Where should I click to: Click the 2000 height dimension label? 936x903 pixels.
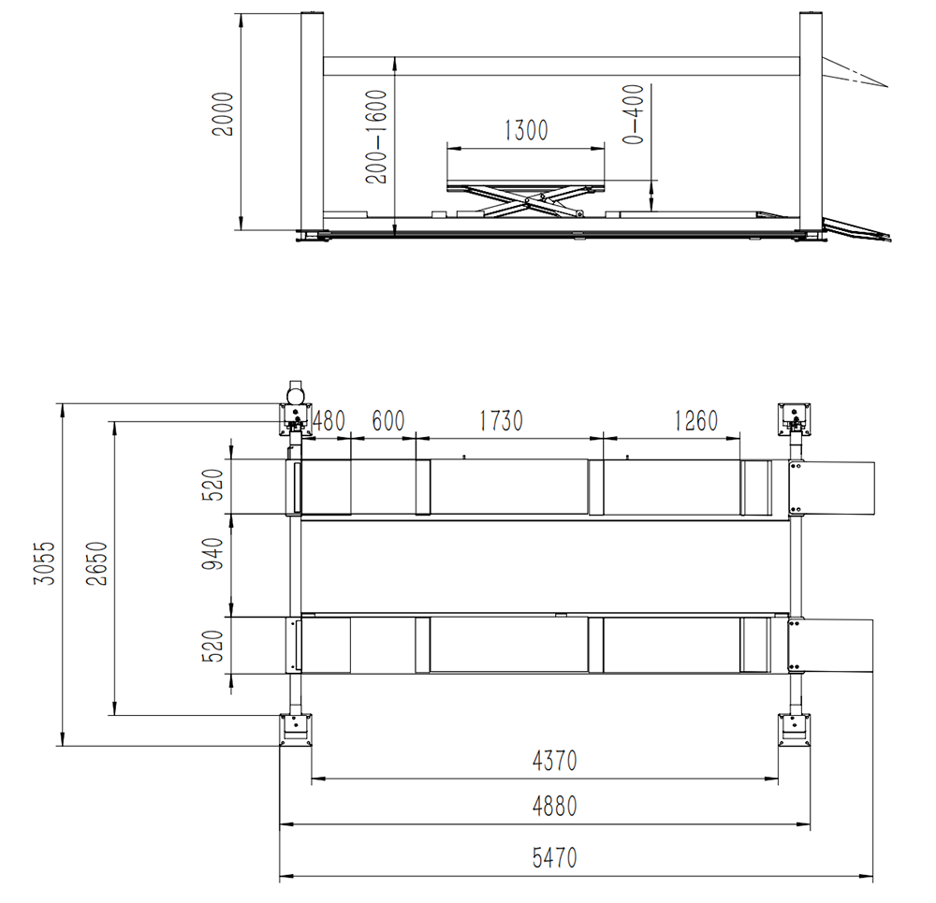pyautogui.click(x=223, y=114)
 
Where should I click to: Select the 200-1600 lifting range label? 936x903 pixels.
pyautogui.click(x=376, y=137)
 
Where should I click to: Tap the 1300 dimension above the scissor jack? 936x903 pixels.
pyautogui.click(x=526, y=130)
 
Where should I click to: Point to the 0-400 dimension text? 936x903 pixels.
pyautogui.click(x=634, y=114)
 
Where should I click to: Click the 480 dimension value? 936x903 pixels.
pyautogui.click(x=329, y=421)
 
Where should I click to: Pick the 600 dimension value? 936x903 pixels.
pyautogui.click(x=388, y=421)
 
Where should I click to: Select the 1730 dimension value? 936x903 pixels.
pyautogui.click(x=501, y=421)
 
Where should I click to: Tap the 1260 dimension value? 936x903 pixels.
pyautogui.click(x=695, y=421)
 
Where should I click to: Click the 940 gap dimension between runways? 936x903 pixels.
pyautogui.click(x=212, y=553)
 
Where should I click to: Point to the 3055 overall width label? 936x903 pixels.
pyautogui.click(x=44, y=562)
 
